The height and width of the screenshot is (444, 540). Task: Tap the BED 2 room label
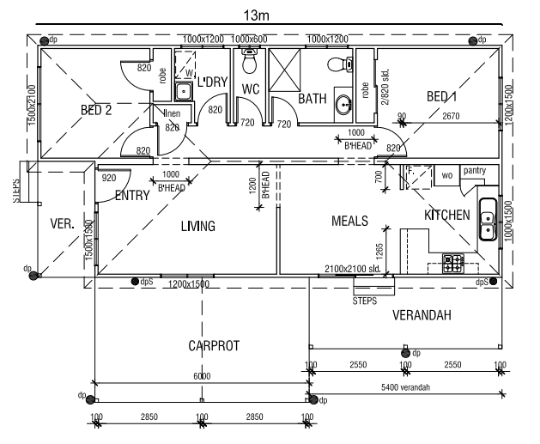coord(96,109)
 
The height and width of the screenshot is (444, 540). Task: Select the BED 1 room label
coord(441,97)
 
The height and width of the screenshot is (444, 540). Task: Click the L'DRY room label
coord(211,83)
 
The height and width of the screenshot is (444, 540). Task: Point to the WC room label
coord(251,89)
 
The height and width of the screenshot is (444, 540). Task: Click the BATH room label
coord(312,99)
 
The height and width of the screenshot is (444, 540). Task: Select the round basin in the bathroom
coord(343,105)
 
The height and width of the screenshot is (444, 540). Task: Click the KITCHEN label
coord(446,214)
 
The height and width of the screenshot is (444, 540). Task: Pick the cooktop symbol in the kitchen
coord(453,264)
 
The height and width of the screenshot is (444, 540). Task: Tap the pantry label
coord(475,171)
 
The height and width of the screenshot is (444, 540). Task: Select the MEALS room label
coord(349,222)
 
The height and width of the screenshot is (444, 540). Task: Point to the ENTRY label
coord(131,196)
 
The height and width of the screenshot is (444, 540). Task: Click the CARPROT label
coord(214,346)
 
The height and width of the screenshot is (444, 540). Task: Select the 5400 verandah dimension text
coord(404,387)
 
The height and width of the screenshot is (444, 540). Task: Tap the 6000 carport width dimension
coord(201,376)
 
